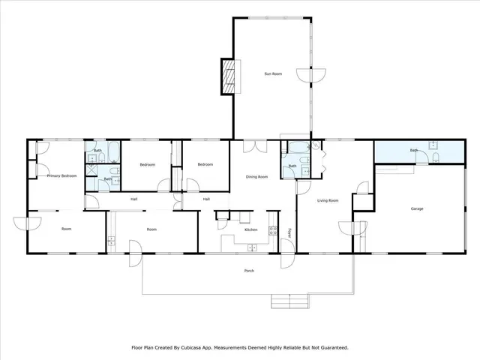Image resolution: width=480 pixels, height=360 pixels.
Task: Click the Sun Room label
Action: [x=272, y=74]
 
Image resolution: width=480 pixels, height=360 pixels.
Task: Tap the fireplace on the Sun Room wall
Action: [x=227, y=76]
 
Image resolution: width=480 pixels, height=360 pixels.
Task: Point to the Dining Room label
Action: [x=257, y=177]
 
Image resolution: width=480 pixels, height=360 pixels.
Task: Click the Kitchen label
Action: [x=251, y=229]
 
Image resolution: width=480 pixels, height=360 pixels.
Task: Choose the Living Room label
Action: [x=328, y=200]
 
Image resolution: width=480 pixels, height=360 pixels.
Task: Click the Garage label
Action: [x=418, y=208]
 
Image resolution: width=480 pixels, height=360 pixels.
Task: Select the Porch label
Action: [x=248, y=271]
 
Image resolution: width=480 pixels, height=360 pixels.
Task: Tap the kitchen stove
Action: [x=274, y=232]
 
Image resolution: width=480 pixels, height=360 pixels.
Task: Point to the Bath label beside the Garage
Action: [x=414, y=151]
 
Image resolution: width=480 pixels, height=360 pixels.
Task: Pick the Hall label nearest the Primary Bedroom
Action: [x=133, y=199]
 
